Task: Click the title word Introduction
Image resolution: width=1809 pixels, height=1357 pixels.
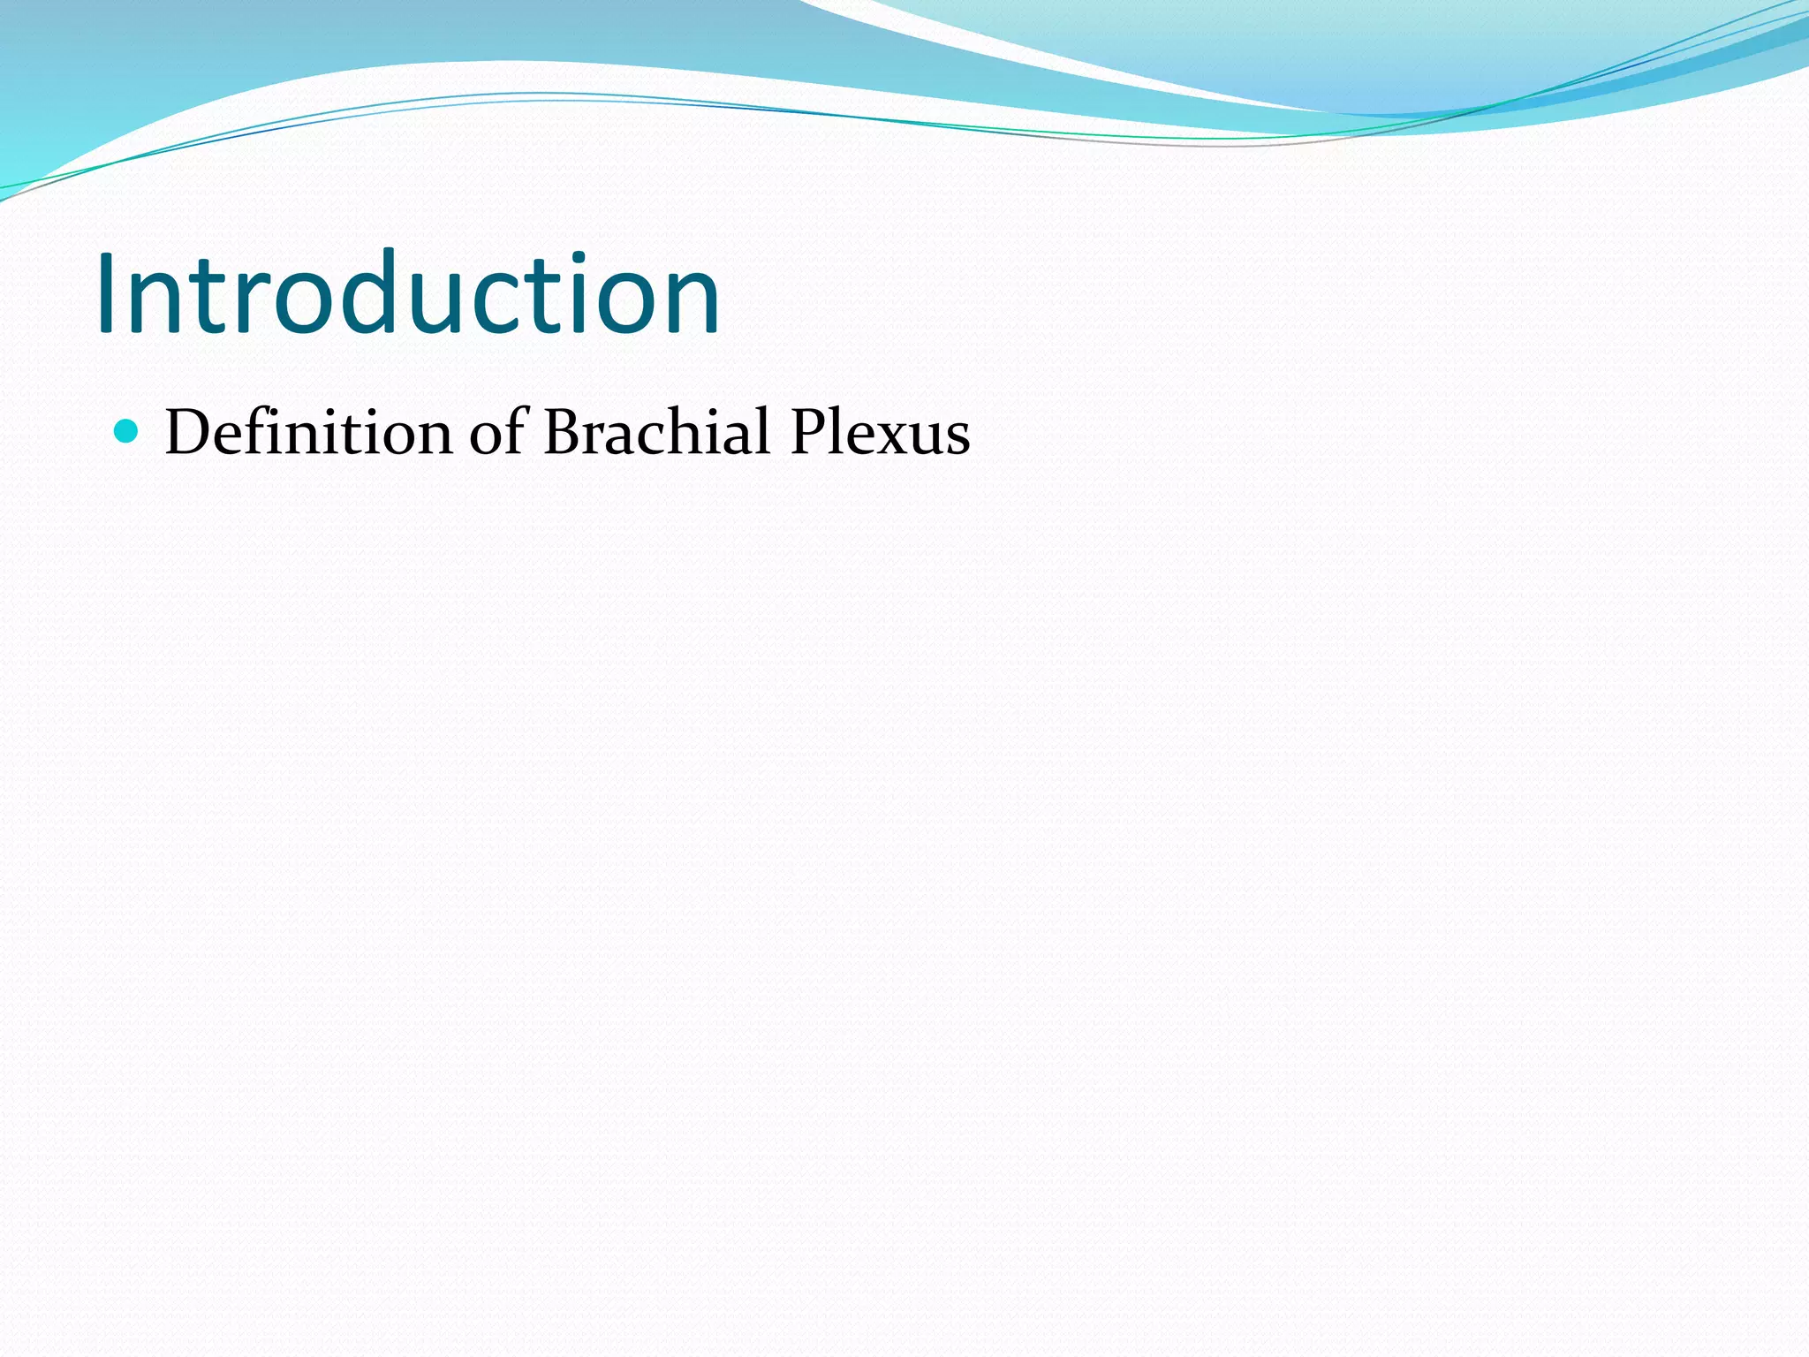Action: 408,293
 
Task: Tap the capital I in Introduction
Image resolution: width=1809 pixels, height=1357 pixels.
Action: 108,293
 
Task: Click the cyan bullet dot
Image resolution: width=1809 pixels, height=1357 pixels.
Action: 126,432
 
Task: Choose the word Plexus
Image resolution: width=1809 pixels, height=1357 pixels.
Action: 880,432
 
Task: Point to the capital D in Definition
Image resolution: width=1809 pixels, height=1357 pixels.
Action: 187,432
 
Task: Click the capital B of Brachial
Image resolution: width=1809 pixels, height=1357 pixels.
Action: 562,432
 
